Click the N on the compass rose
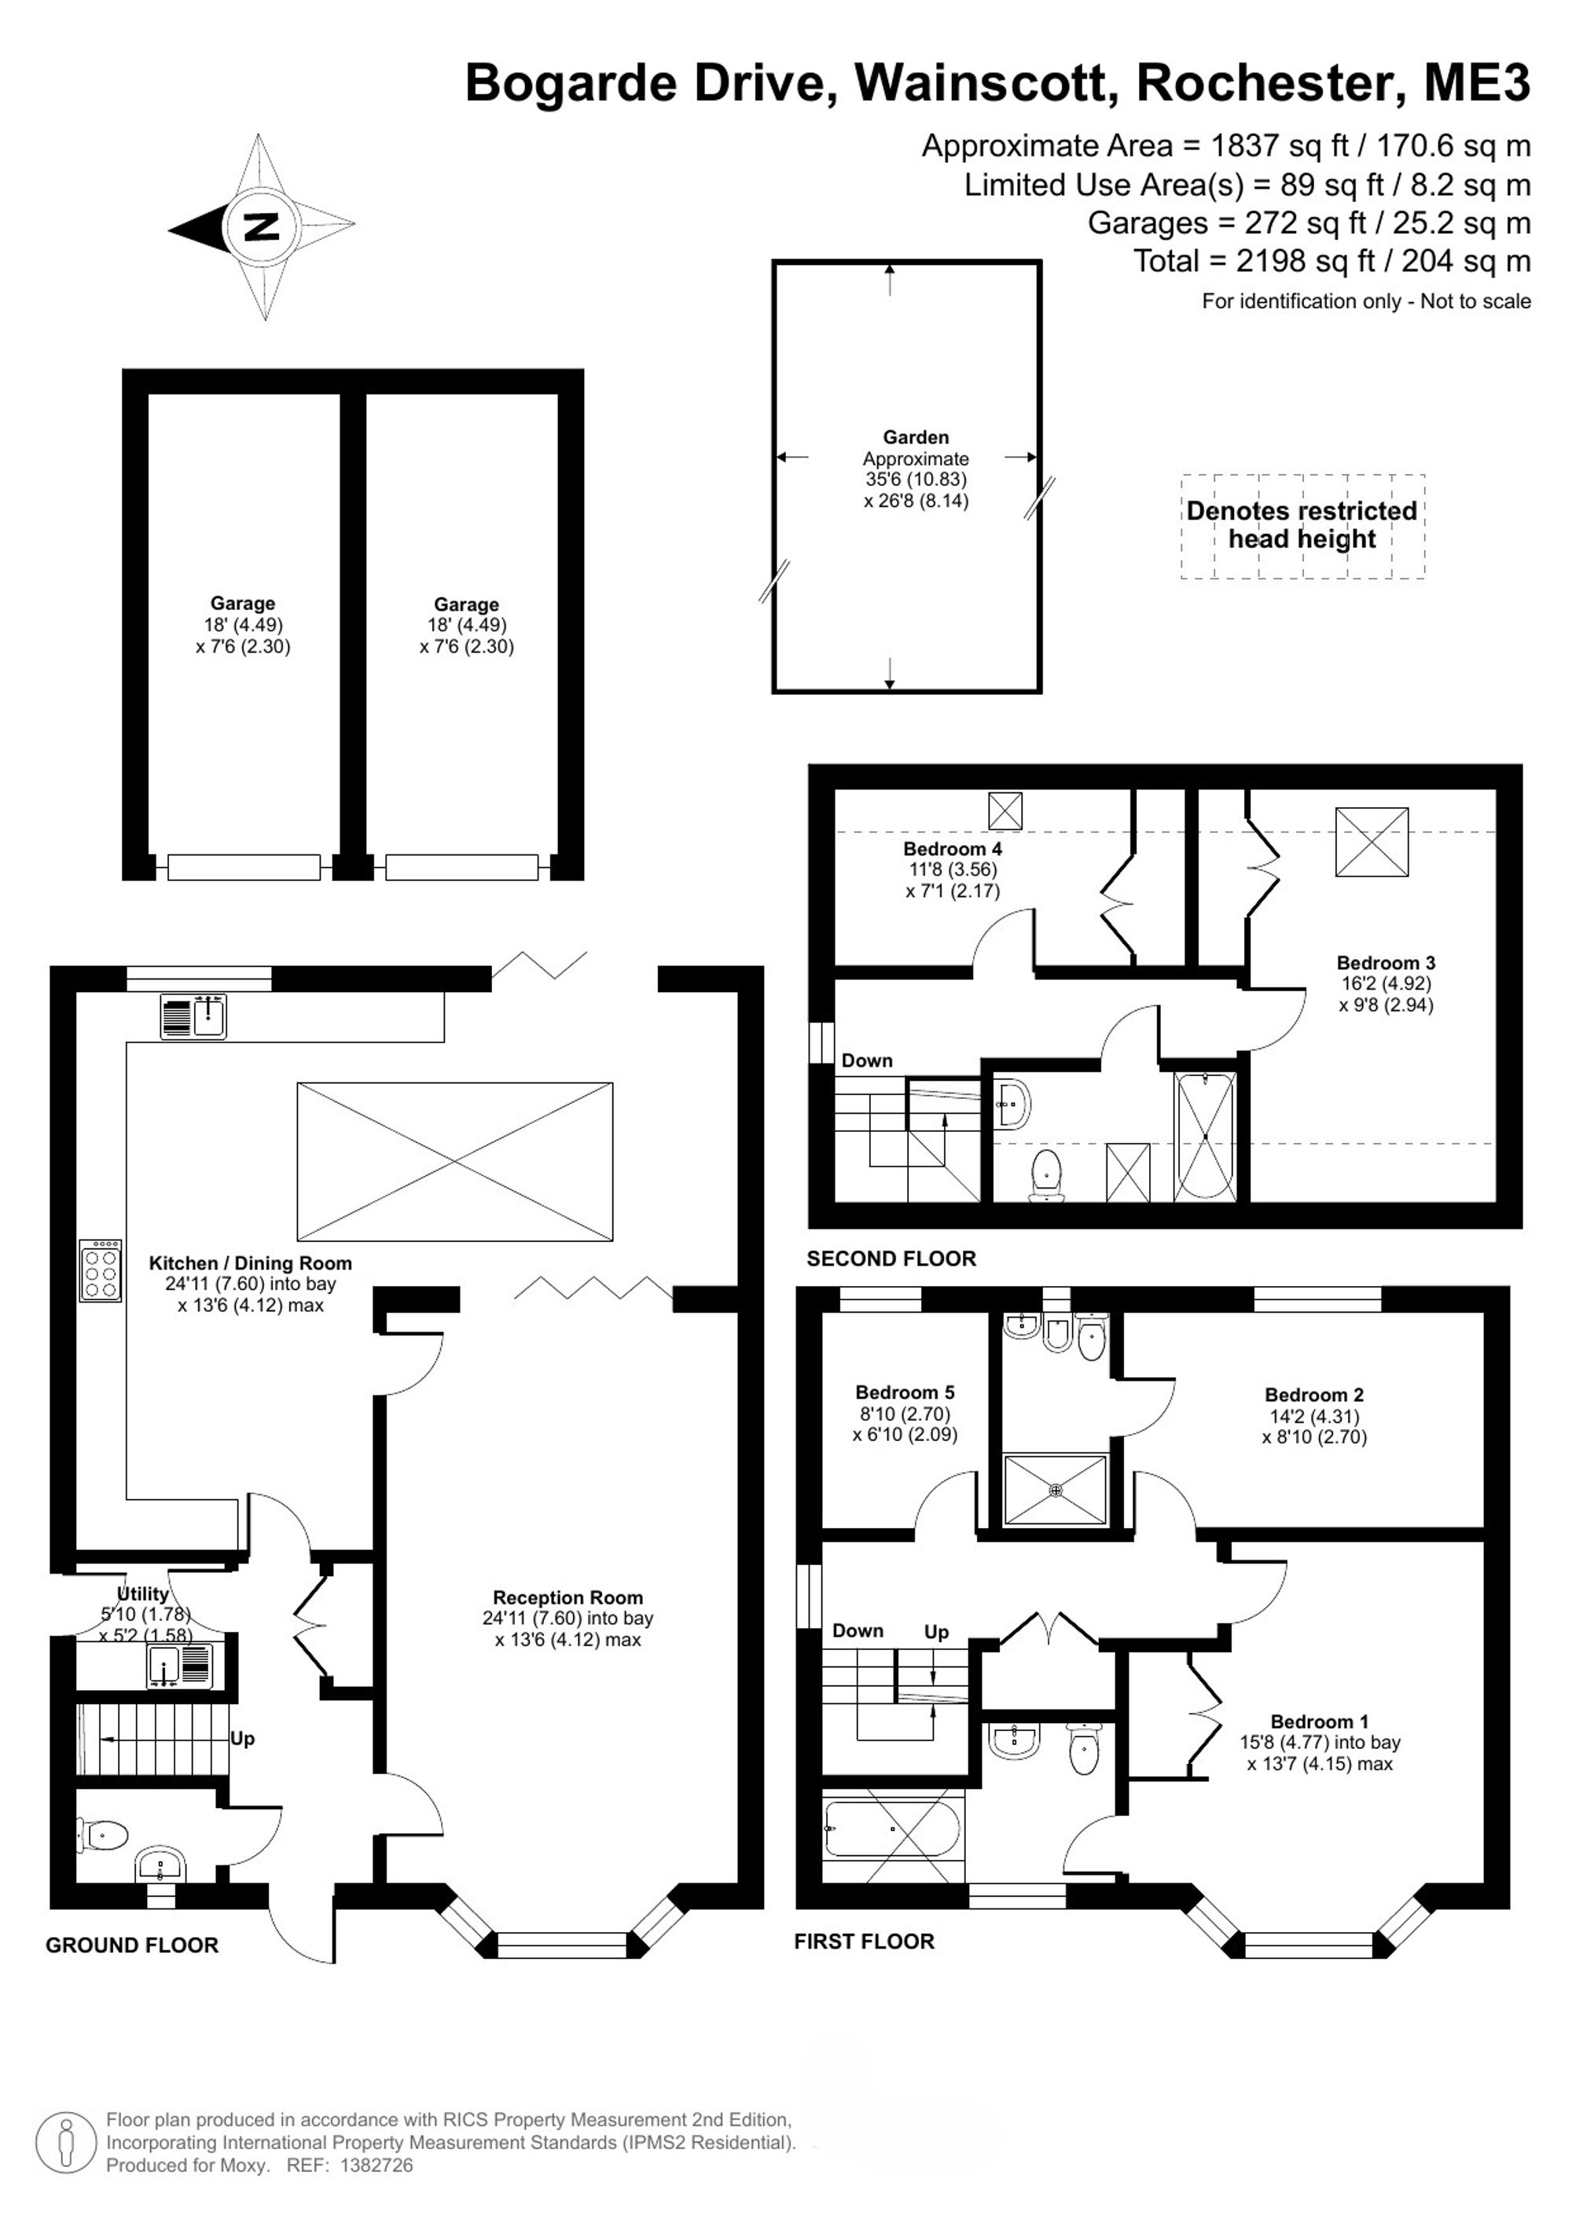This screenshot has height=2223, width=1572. [262, 226]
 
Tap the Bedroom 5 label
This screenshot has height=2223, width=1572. [904, 1392]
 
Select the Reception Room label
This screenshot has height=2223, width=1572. [567, 1597]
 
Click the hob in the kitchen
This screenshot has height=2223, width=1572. [101, 1270]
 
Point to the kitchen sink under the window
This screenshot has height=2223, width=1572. [193, 1016]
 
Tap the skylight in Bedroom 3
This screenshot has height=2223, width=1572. [1372, 843]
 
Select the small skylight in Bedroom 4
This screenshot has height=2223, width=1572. [1005, 808]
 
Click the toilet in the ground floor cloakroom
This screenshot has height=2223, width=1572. [103, 1834]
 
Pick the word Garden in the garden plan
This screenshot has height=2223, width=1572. [916, 438]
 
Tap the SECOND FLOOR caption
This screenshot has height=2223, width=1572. [891, 1258]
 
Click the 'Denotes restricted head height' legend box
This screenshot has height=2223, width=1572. [1302, 526]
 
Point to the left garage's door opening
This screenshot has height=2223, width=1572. [244, 866]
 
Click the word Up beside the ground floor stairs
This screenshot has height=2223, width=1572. [242, 1739]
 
